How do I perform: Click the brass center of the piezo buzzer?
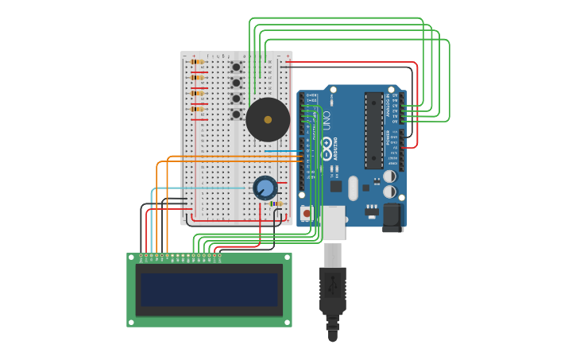[268, 120]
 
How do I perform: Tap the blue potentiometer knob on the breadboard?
[265, 188]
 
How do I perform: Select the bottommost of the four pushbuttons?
[236, 114]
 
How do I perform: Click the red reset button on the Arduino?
[307, 213]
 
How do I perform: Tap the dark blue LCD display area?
[209, 290]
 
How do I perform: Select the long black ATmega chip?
[373, 130]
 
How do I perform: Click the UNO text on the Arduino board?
[325, 120]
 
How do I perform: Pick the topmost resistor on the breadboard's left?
[197, 61]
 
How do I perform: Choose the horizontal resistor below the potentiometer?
[276, 204]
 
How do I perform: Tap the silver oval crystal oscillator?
[352, 188]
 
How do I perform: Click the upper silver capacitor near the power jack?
[390, 176]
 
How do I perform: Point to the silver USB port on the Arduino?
[334, 223]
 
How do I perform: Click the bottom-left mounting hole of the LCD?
[130, 323]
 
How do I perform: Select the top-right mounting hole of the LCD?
[288, 257]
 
